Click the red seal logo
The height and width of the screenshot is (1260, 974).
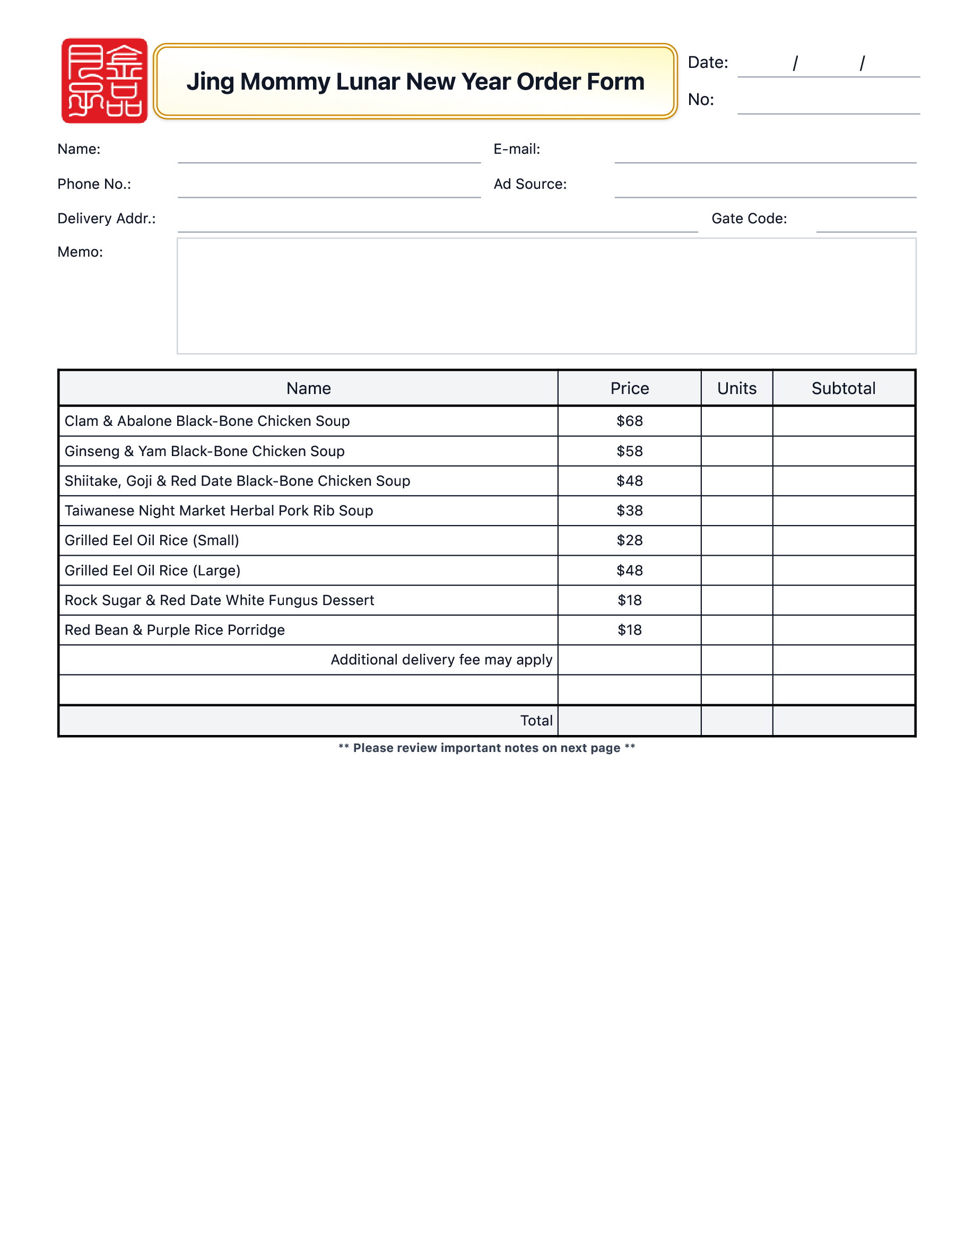[x=105, y=81]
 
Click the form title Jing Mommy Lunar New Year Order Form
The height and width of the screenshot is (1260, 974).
[x=415, y=81]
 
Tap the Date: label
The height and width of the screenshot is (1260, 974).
[x=707, y=62]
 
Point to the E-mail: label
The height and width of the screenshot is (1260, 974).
[x=516, y=150]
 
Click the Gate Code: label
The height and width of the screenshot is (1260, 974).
[x=749, y=218]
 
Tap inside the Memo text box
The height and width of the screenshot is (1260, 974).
[x=546, y=296]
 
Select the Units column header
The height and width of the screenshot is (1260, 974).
[x=737, y=388]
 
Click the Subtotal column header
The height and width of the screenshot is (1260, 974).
[x=843, y=388]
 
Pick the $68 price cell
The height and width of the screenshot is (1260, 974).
[x=630, y=421]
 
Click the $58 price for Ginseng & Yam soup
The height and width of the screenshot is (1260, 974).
[x=630, y=451]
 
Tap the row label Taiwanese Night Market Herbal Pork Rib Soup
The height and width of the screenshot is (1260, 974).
[x=219, y=511]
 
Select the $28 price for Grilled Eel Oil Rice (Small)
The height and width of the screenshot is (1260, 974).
[x=630, y=540]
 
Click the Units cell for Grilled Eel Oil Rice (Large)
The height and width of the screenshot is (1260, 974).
[x=737, y=571]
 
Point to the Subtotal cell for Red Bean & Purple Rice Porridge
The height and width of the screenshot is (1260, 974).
[x=843, y=630]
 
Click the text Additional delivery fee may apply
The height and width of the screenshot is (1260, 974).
[x=441, y=660]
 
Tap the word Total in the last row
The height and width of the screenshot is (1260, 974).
[x=536, y=721]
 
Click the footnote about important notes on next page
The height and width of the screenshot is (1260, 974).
[x=486, y=748]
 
